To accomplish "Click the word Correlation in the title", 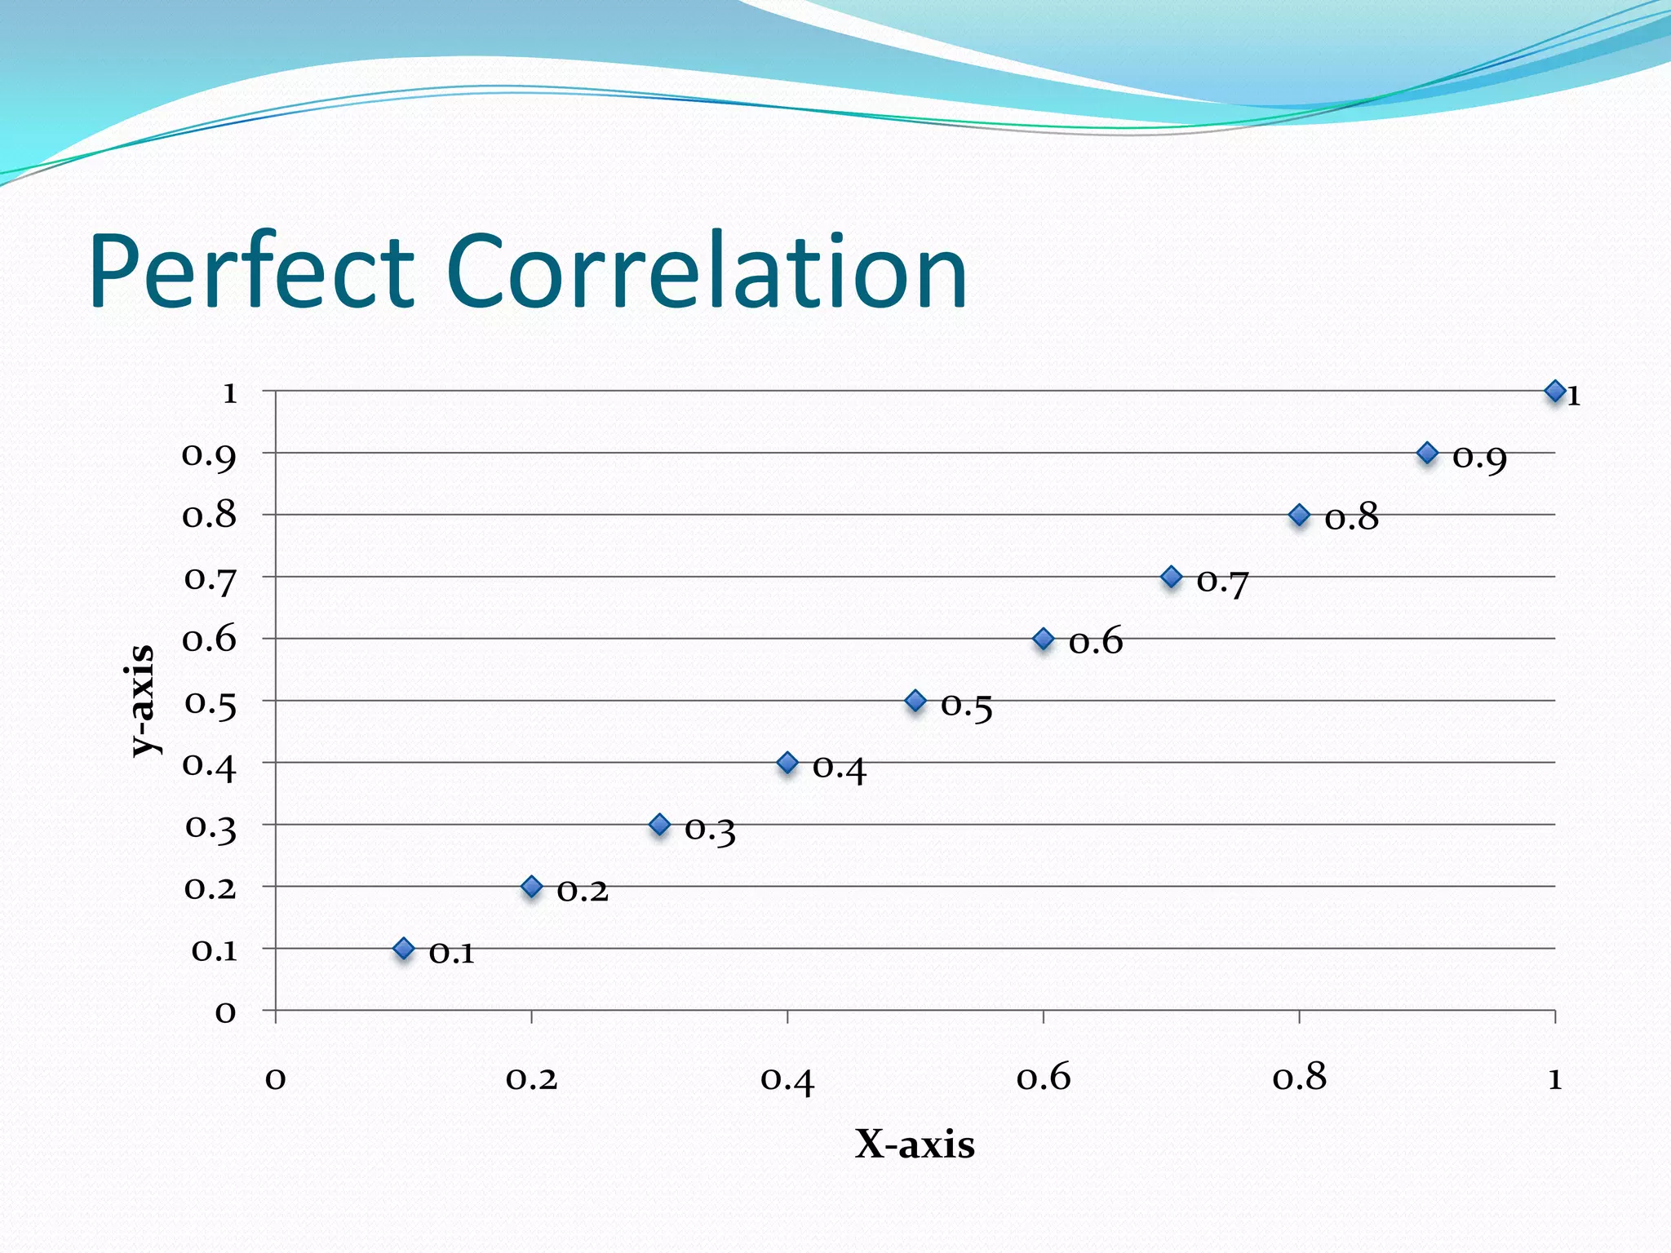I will coord(707,271).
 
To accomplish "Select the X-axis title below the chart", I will coord(915,1144).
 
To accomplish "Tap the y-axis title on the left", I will coord(142,700).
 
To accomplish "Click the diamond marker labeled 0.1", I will coord(404,948).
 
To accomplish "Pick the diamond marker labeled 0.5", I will coord(915,701).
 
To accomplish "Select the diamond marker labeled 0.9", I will coord(1427,453).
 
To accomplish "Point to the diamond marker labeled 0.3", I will coord(660,825).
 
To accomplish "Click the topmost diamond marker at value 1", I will coord(1555,392).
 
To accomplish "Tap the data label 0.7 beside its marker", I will coord(1222,582).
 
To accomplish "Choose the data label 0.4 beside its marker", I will coord(839,768).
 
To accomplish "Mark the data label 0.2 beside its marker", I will coord(583,891).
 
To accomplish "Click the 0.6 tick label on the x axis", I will coord(1044,1078).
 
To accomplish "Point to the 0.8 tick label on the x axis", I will coord(1300,1078).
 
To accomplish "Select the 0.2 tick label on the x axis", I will coord(531,1078).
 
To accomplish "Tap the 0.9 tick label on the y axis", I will coord(209,455).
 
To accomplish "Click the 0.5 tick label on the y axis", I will coord(211,703).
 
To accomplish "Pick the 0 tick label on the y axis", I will coord(225,1012).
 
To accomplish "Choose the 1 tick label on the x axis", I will coord(1555,1078).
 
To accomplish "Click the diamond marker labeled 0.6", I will coord(1043,639).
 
